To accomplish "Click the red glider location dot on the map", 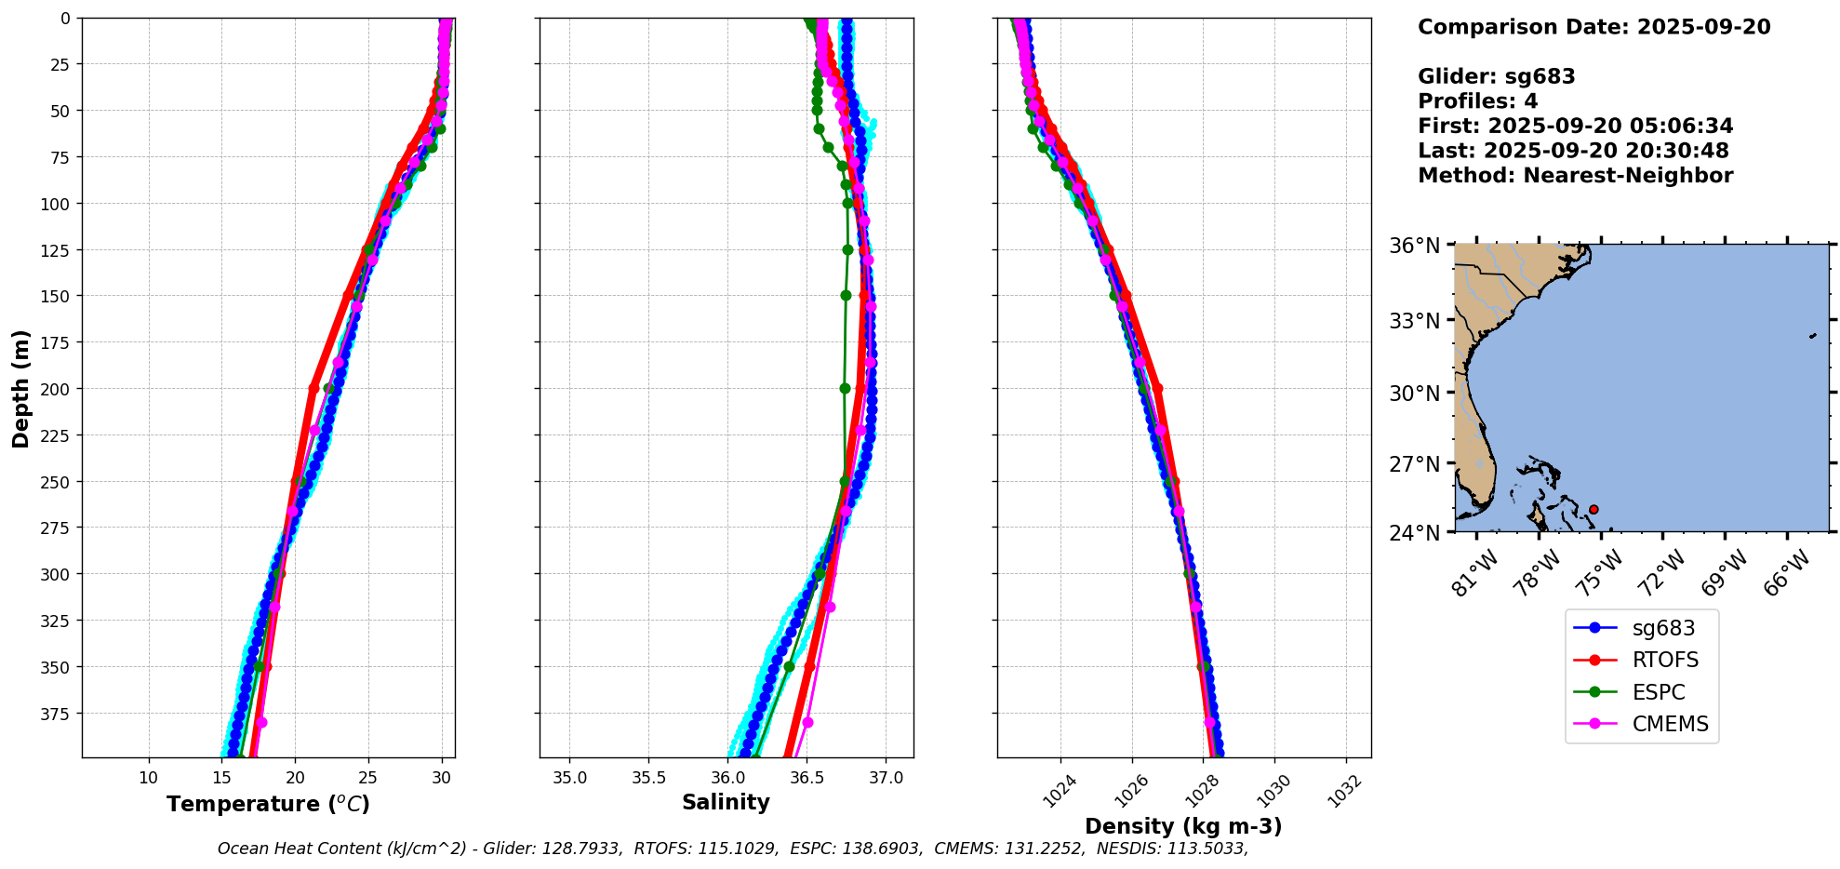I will coord(1593,509).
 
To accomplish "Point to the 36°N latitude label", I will coord(1414,246).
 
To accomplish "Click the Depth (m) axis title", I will coord(20,388).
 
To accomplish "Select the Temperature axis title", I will coord(268,804).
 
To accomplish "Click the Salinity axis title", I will coord(726,802).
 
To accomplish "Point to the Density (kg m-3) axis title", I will coord(1183,826).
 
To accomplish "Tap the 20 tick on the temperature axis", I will coord(295,778).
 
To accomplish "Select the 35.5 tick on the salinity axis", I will coord(648,778).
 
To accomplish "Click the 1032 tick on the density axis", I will coord(1344,791).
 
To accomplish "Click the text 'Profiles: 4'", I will coord(1477,101).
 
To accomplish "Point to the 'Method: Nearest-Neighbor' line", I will coord(1575,176).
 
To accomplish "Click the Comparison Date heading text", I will coord(1593,27).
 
